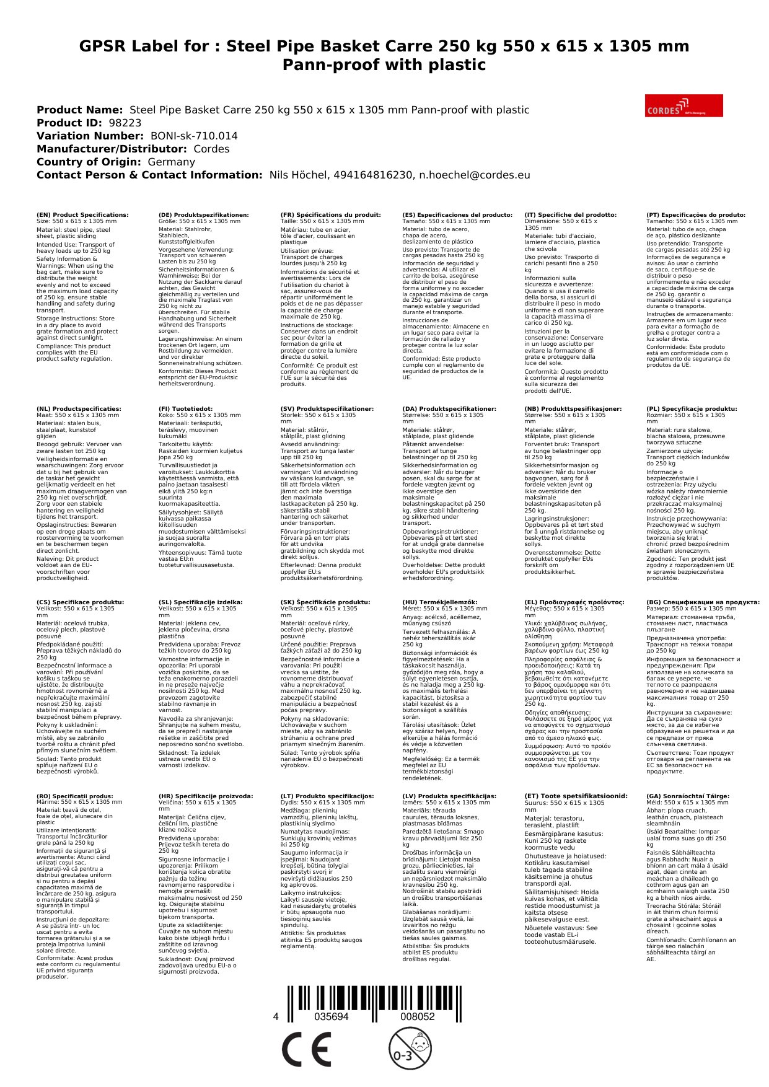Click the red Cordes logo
click(683, 105)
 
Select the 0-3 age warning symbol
click(410, 1048)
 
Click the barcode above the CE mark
click(374, 998)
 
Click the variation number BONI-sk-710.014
click(194, 136)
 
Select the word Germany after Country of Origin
click(171, 162)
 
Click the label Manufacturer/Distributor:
click(112, 149)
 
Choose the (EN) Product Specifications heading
click(82, 215)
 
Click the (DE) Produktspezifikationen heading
click(203, 215)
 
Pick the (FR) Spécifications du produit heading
click(330, 215)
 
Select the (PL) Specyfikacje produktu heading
click(692, 409)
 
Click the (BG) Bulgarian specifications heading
click(703, 602)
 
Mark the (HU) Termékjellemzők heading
click(440, 602)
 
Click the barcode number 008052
click(417, 1017)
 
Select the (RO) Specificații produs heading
click(74, 796)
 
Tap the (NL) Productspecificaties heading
click(79, 409)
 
